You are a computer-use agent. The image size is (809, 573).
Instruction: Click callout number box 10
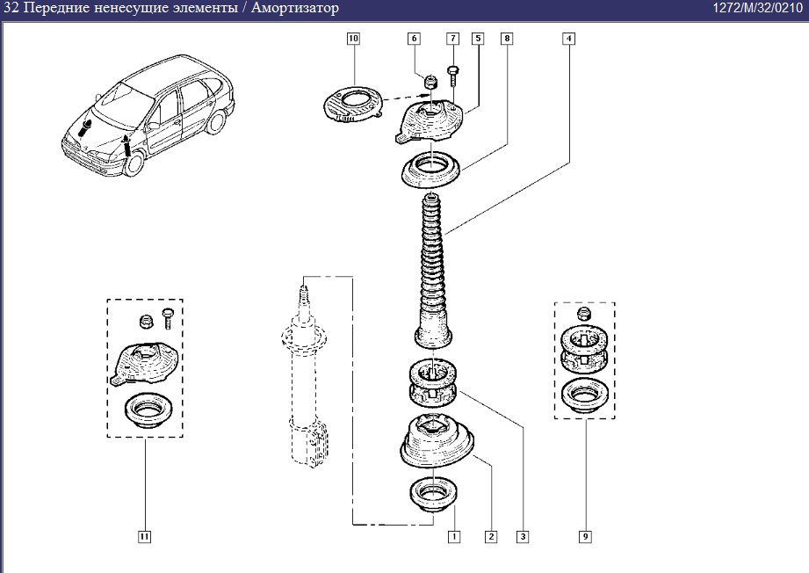tap(353, 39)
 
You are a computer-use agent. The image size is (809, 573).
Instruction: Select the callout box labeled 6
tap(415, 39)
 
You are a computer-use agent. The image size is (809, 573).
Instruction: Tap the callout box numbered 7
tap(453, 39)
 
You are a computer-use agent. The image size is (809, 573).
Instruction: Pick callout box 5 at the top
tap(477, 39)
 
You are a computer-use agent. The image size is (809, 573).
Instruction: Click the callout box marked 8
tap(507, 39)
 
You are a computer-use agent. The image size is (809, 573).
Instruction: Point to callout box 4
tap(569, 39)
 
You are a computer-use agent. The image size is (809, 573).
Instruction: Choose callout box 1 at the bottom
tap(453, 535)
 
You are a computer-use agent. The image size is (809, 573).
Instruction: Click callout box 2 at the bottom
tap(490, 535)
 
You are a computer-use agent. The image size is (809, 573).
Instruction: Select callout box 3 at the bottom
tap(524, 535)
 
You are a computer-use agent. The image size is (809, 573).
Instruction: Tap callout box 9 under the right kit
tap(584, 535)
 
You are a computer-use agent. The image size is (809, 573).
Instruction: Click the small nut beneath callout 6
tap(431, 83)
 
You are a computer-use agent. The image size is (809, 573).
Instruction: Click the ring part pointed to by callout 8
tap(433, 169)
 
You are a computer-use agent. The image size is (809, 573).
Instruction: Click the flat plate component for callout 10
tap(351, 105)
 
